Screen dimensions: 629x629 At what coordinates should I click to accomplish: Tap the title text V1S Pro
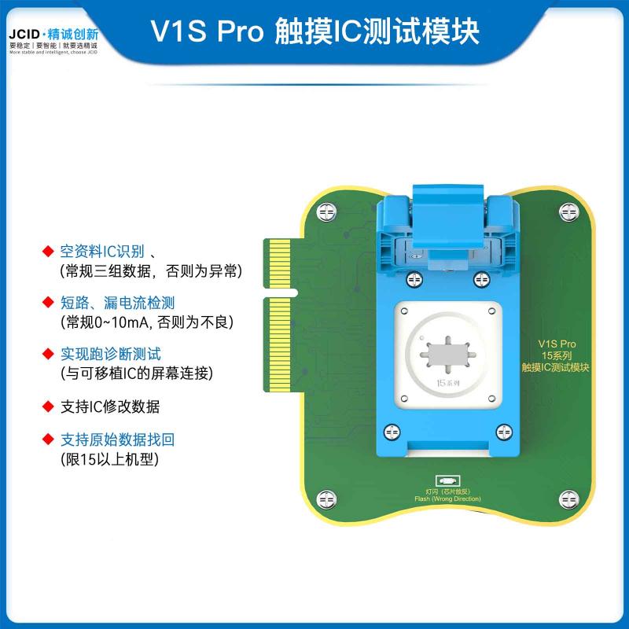click(206, 31)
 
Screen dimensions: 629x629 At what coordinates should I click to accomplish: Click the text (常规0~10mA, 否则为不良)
click(146, 322)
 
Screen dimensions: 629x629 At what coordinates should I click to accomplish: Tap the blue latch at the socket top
click(446, 212)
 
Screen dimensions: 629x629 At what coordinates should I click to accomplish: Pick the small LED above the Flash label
click(446, 480)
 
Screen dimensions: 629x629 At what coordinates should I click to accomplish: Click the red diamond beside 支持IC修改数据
click(47, 407)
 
